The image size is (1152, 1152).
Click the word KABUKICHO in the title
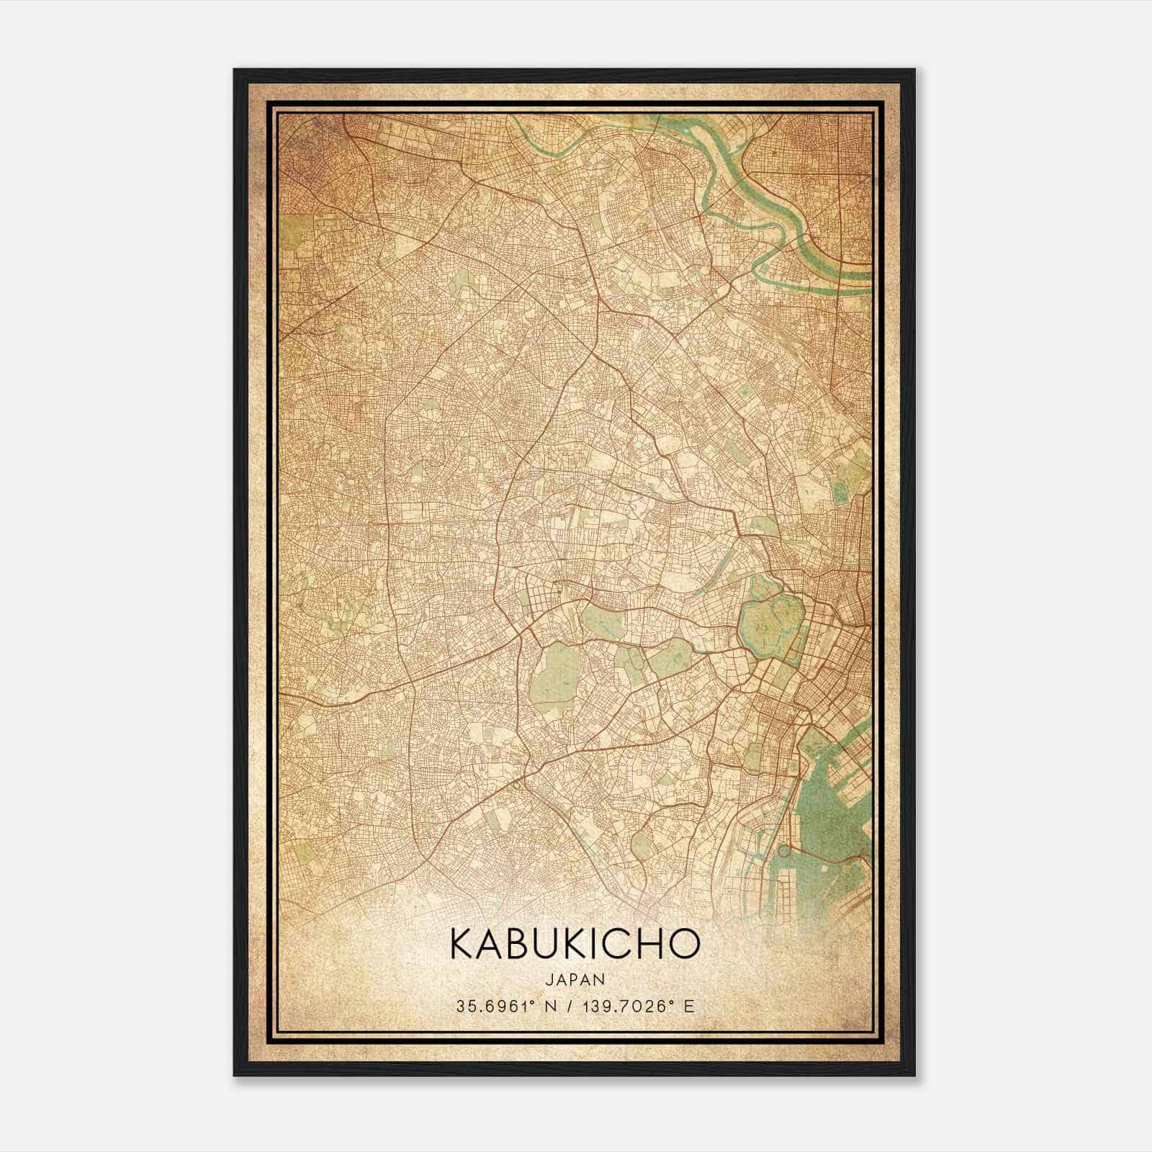pos(575,944)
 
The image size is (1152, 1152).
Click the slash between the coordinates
pos(567,1007)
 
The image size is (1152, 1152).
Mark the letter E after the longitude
pos(690,1007)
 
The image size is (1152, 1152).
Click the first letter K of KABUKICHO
pos(462,944)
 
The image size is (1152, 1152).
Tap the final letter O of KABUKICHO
pos(685,944)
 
